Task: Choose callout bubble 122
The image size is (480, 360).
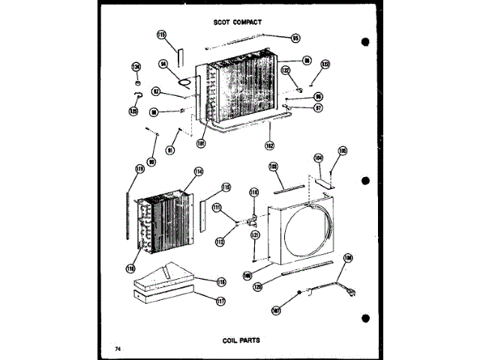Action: pos(286,70)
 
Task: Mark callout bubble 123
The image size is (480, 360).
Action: pos(325,64)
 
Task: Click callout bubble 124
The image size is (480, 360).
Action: pos(136,66)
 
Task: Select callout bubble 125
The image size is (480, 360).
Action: pos(133,111)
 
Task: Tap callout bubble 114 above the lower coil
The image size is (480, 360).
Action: pos(199,172)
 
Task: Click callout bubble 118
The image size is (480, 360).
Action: pos(221,281)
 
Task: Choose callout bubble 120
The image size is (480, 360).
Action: pos(259,286)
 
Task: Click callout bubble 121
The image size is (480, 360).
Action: pos(254,235)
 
